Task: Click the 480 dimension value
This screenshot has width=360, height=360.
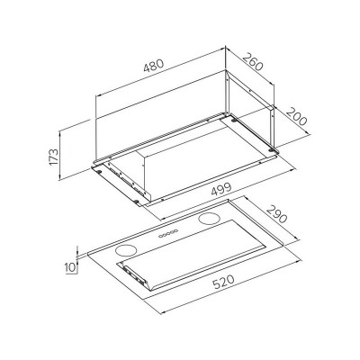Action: tap(154, 66)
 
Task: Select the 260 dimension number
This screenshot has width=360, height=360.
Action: tap(253, 62)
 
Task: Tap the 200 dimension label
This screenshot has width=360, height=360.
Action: tap(297, 116)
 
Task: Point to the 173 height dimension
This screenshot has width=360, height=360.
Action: tap(53, 157)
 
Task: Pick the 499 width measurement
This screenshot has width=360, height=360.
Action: tap(221, 189)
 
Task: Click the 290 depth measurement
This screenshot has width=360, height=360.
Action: tap(276, 213)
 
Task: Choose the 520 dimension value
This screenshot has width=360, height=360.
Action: tap(223, 283)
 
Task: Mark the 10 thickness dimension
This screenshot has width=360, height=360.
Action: tap(71, 266)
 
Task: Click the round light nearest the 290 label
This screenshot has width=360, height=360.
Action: tap(207, 219)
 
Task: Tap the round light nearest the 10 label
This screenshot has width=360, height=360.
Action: tap(125, 250)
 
